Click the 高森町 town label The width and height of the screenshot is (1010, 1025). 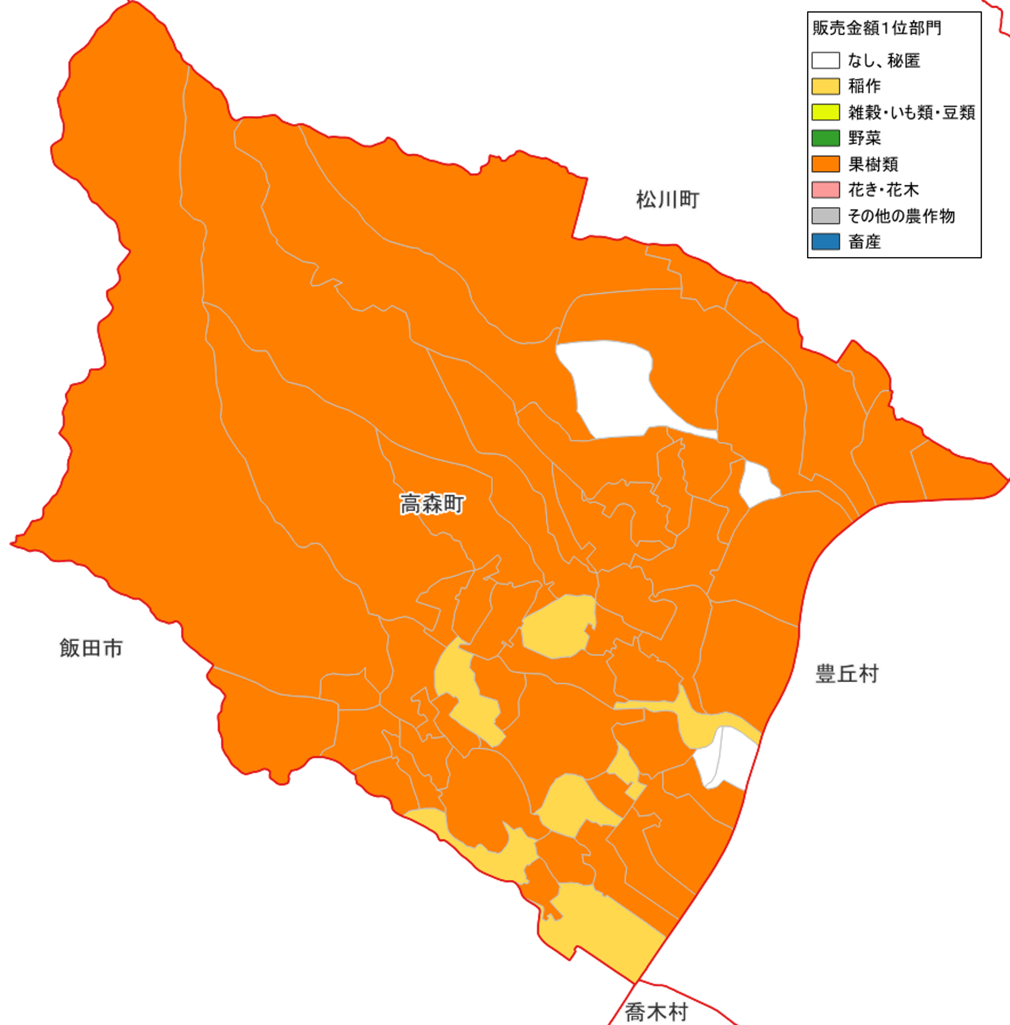[432, 504]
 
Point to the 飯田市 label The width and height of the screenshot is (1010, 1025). [91, 648]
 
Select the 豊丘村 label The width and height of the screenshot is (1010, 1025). [847, 674]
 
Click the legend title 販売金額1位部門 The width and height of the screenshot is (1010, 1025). [877, 28]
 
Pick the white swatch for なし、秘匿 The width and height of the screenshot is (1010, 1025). [826, 60]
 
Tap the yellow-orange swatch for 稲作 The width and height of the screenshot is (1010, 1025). [826, 86]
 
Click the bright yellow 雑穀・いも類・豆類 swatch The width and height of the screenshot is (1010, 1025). [826, 112]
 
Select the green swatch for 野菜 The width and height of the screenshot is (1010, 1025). [826, 138]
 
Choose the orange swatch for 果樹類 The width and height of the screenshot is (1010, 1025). [826, 164]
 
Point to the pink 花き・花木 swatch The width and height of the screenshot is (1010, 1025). [826, 189]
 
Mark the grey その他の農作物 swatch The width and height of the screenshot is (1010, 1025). [826, 215]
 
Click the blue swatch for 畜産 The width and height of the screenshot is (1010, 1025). [826, 242]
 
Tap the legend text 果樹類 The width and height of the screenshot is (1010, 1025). [873, 164]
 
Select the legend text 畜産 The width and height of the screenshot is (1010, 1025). [864, 242]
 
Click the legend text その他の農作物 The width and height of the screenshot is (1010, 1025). [901, 216]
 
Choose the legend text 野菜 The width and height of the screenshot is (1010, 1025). [864, 138]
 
